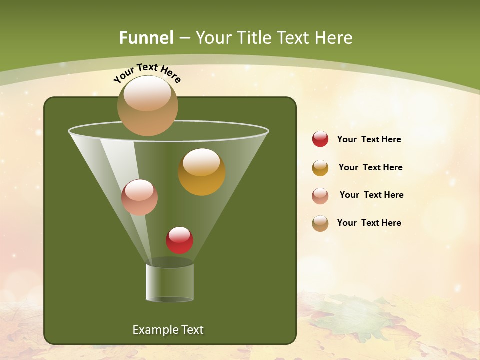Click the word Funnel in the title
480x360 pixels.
click(x=146, y=38)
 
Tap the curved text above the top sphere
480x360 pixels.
click(x=147, y=73)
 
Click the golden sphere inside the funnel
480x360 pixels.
click(x=201, y=175)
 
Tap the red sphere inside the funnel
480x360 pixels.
click(x=179, y=241)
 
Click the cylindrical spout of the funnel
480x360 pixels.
click(x=170, y=282)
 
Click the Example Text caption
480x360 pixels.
click(x=168, y=330)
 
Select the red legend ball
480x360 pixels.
click(x=320, y=139)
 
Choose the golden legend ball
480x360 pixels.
click(x=320, y=168)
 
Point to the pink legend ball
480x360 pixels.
click(x=320, y=195)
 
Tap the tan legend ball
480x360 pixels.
click(x=320, y=223)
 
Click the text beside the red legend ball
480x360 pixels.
click(x=369, y=139)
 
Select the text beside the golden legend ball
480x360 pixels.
click(x=370, y=167)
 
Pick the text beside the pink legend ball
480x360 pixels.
click(x=371, y=195)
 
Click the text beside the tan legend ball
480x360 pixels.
click(x=369, y=223)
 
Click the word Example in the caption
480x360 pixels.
click(x=152, y=330)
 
